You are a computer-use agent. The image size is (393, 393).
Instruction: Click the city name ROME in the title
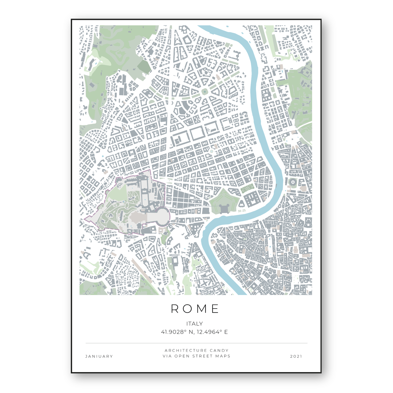coord(195,309)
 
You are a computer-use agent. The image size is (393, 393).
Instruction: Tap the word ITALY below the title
coord(194,324)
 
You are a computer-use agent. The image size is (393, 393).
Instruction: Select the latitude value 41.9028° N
coord(174,332)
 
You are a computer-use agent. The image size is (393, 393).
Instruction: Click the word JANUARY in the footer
coord(99,356)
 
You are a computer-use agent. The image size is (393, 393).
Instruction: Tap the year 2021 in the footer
coord(296,356)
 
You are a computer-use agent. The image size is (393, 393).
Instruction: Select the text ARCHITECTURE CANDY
coord(196,350)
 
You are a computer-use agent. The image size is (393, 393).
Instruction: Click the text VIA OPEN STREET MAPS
coord(196,356)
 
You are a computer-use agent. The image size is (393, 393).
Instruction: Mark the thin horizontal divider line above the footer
coord(196,343)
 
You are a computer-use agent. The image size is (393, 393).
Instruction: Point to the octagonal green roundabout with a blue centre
coord(204,91)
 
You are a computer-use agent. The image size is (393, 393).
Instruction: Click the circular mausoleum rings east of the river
coord(293,182)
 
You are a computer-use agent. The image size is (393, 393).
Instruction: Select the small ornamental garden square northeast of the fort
coord(247,188)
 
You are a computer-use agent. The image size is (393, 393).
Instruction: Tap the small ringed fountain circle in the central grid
coord(212,151)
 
